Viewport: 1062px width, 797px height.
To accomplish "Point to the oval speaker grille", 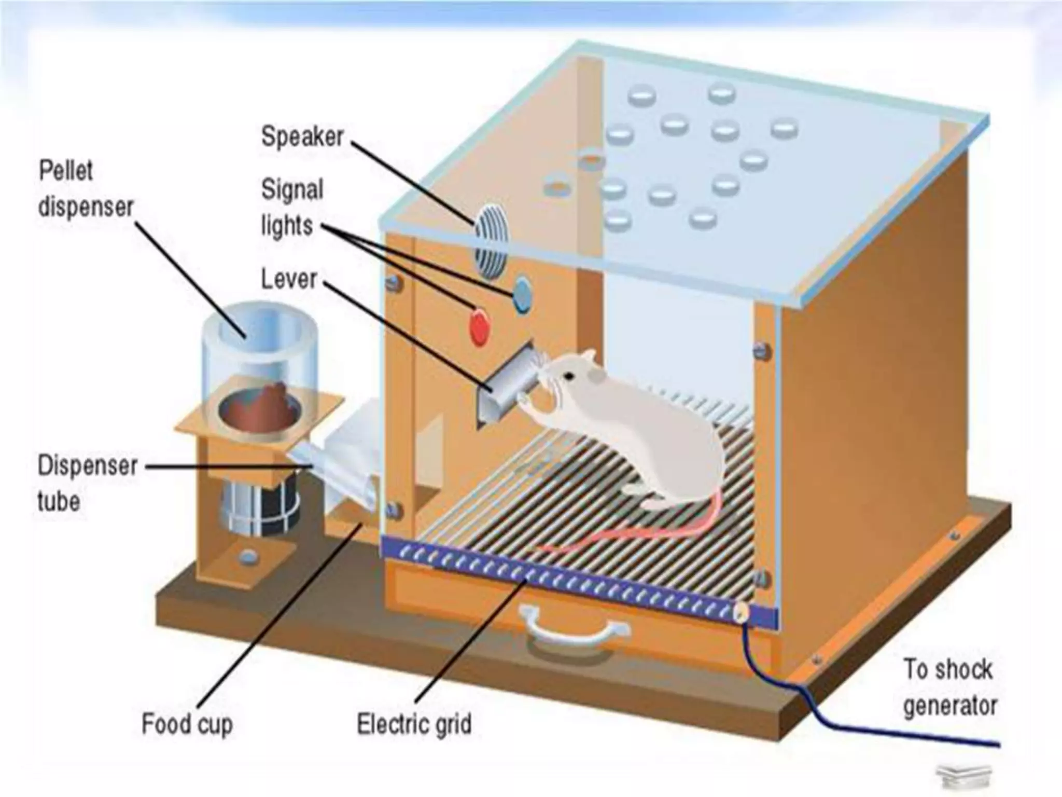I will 491,239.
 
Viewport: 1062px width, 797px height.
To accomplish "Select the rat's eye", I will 569,375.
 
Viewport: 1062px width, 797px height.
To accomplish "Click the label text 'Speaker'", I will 302,136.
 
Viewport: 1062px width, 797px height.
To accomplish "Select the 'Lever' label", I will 288,279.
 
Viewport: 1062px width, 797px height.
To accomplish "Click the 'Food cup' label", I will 187,723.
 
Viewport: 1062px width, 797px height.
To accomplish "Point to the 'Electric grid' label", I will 414,723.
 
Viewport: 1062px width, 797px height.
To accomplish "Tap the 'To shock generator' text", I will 949,687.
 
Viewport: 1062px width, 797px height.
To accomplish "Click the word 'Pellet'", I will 66,171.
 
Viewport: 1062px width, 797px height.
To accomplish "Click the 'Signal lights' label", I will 291,207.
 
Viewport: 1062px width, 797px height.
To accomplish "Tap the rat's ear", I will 588,357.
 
